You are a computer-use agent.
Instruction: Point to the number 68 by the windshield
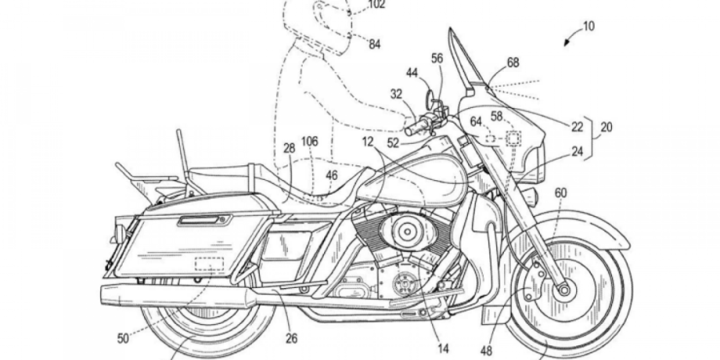(x=513, y=63)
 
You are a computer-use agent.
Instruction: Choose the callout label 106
(x=309, y=141)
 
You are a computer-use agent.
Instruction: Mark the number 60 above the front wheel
(x=561, y=193)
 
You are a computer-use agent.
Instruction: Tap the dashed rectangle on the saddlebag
(x=208, y=264)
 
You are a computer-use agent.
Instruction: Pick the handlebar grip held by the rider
(x=420, y=125)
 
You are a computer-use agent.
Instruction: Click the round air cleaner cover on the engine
(x=405, y=232)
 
